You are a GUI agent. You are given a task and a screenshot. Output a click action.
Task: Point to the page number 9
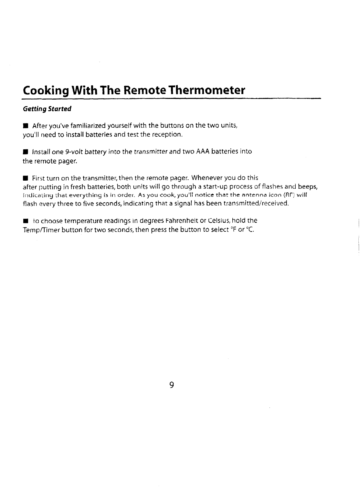click(x=172, y=385)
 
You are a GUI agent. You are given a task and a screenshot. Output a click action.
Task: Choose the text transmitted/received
click(x=253, y=204)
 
